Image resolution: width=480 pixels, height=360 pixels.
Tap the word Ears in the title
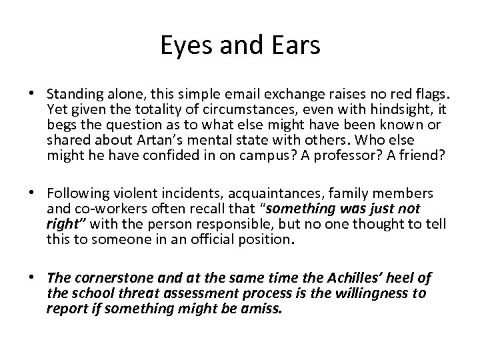coord(298,45)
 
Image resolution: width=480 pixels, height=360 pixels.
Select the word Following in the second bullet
coord(77,193)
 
